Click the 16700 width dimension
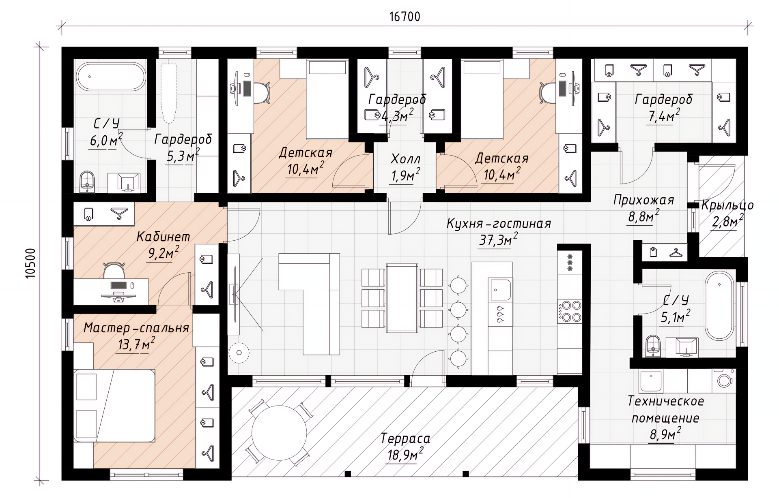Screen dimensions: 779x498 click(405, 17)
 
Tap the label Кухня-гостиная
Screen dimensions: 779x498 click(499, 223)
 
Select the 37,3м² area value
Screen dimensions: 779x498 click(498, 240)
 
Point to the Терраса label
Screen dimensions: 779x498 click(405, 438)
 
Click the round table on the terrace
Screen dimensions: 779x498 click(279, 433)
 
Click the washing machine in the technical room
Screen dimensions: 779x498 click(725, 380)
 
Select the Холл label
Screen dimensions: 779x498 click(405, 159)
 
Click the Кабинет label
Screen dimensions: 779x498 click(163, 237)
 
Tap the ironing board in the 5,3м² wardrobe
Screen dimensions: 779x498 click(168, 93)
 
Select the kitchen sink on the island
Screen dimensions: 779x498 click(500, 290)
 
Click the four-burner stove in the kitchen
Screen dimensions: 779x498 click(570, 311)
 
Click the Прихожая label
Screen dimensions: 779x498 click(643, 200)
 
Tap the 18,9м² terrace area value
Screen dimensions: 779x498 click(405, 455)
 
